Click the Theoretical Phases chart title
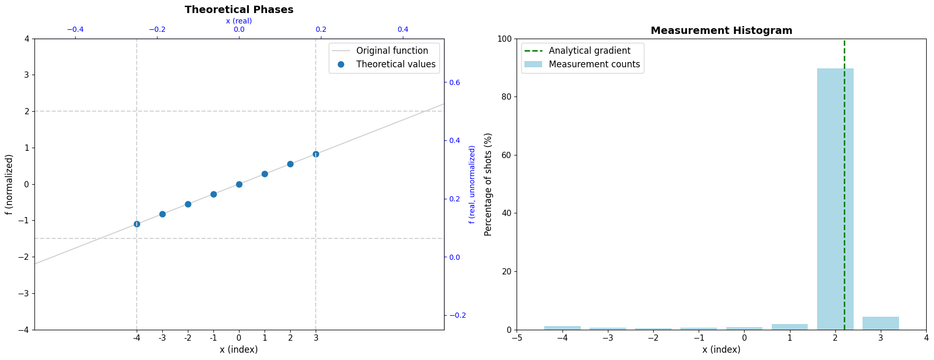tap(239, 10)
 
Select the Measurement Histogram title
tap(721, 31)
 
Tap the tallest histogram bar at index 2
tap(835, 199)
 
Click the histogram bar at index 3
tap(881, 323)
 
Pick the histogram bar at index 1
tap(789, 327)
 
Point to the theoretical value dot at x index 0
tap(239, 184)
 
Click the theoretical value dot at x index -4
tap(137, 224)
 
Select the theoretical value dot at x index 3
tap(316, 154)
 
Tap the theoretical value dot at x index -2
tap(188, 204)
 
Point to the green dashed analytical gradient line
tap(844, 184)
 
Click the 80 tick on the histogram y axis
tap(506, 97)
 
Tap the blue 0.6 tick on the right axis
tap(455, 82)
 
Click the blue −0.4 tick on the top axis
tap(75, 29)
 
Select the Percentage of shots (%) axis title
tap(488, 184)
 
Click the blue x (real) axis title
tap(239, 21)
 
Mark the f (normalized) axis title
tap(9, 184)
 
